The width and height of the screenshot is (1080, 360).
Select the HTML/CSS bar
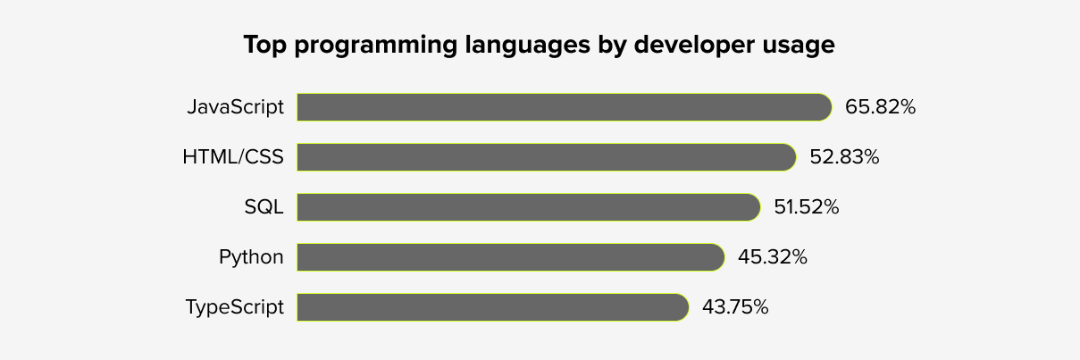[x=546, y=157]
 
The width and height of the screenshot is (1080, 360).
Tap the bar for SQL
[x=528, y=207]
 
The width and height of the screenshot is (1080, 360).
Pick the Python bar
[x=510, y=257]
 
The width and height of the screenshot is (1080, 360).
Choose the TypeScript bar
[x=492, y=307]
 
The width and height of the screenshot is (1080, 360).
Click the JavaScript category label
[x=235, y=107]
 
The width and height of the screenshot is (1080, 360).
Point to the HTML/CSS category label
[x=232, y=157]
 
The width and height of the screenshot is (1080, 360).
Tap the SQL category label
[x=264, y=207]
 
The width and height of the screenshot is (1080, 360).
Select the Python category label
[x=251, y=258]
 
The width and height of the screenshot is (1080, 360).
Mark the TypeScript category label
[x=234, y=308]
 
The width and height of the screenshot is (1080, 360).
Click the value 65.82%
[x=880, y=107]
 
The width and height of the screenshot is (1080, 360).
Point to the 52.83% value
[x=844, y=157]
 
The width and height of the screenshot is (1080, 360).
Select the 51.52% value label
[x=806, y=207]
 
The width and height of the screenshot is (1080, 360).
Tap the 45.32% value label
[x=772, y=257]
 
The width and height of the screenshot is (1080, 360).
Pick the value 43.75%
[x=735, y=307]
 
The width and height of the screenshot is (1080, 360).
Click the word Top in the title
[x=264, y=46]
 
